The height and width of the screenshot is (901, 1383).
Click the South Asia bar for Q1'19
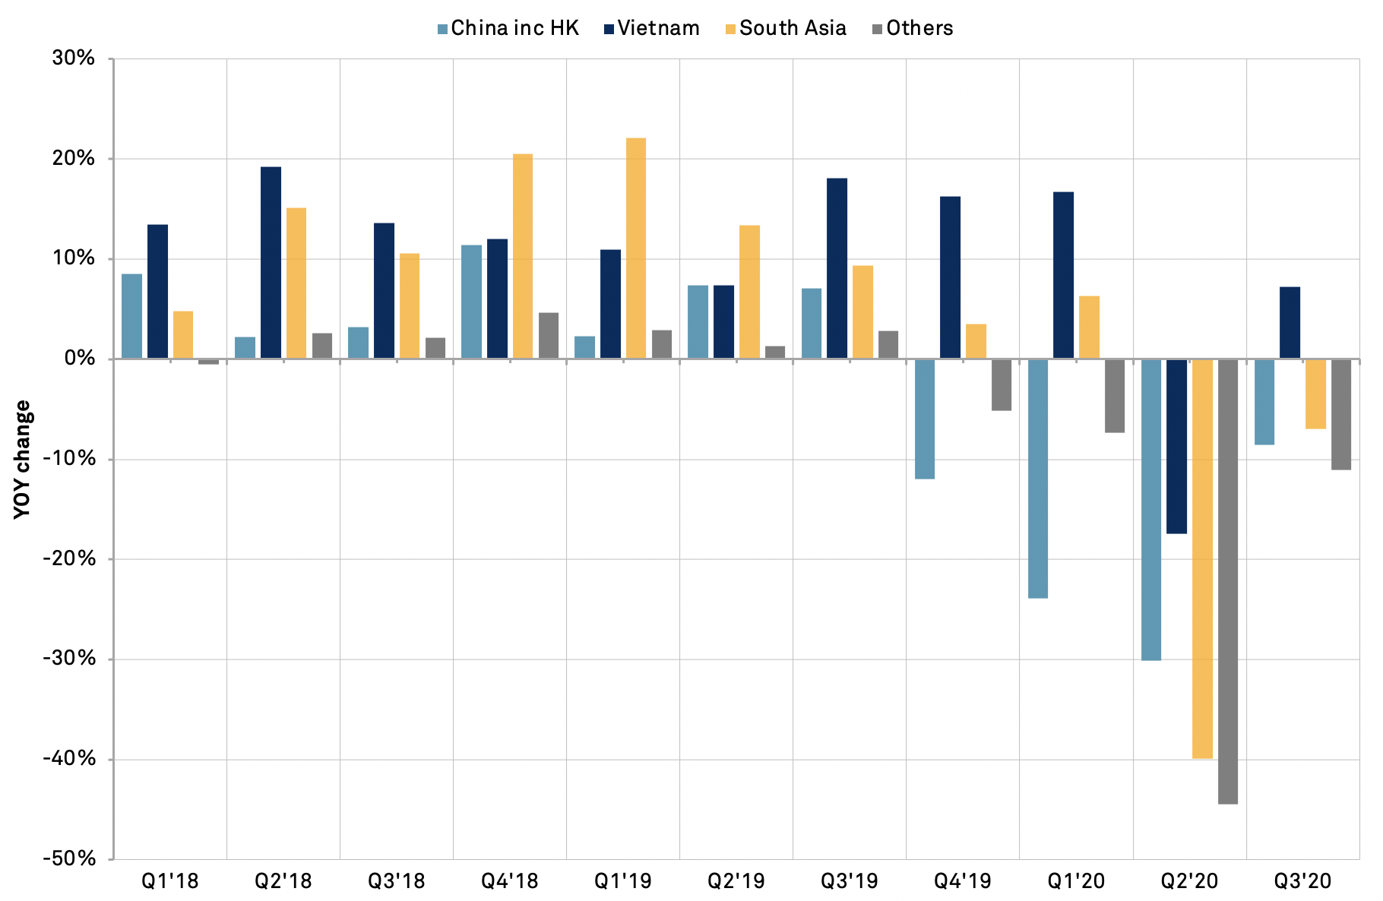636,248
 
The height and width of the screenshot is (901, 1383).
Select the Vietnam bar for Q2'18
271,263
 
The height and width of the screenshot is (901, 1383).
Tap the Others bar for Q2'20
1228,581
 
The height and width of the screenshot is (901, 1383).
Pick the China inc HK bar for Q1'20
1038,479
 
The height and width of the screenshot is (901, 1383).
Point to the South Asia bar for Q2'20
1202,558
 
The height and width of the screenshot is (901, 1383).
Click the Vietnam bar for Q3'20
1290,323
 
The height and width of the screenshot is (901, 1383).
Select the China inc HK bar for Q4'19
925,419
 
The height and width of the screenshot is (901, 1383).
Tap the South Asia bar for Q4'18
523,256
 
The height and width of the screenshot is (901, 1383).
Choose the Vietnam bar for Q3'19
837,268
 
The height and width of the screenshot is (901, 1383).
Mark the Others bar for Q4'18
549,336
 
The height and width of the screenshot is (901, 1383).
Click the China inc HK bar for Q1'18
131,316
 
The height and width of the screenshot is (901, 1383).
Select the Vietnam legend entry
651,29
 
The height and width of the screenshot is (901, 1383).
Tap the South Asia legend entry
786,29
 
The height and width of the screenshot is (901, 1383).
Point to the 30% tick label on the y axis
74,58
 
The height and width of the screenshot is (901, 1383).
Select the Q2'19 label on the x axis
736,881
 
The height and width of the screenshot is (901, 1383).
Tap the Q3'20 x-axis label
1302,881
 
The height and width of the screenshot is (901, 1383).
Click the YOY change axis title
24,459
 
